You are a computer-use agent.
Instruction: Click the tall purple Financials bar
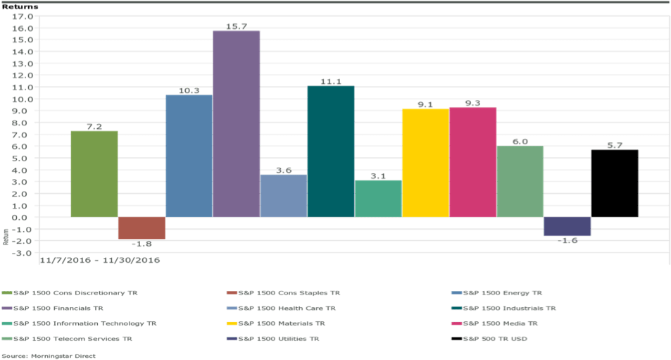tap(236, 123)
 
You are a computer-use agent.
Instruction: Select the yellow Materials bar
tap(425, 163)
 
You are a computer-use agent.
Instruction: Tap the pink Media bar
tap(472, 162)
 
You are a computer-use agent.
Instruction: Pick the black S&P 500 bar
tap(615, 183)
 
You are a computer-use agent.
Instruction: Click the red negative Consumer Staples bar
tap(142, 228)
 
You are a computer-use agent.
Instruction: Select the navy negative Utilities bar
tap(567, 226)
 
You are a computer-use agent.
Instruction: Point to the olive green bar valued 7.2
tap(94, 173)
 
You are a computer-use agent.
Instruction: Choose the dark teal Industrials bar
tap(331, 151)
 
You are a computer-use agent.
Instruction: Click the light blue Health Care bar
tap(284, 195)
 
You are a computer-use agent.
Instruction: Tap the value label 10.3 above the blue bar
tap(189, 90)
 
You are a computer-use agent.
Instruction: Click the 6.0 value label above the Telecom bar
tap(520, 142)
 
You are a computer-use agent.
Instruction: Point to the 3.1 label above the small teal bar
tap(378, 175)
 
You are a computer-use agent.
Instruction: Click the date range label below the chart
tap(100, 260)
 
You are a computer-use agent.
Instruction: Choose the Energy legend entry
tap(498, 292)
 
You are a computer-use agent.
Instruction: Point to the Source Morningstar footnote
tap(49, 356)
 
